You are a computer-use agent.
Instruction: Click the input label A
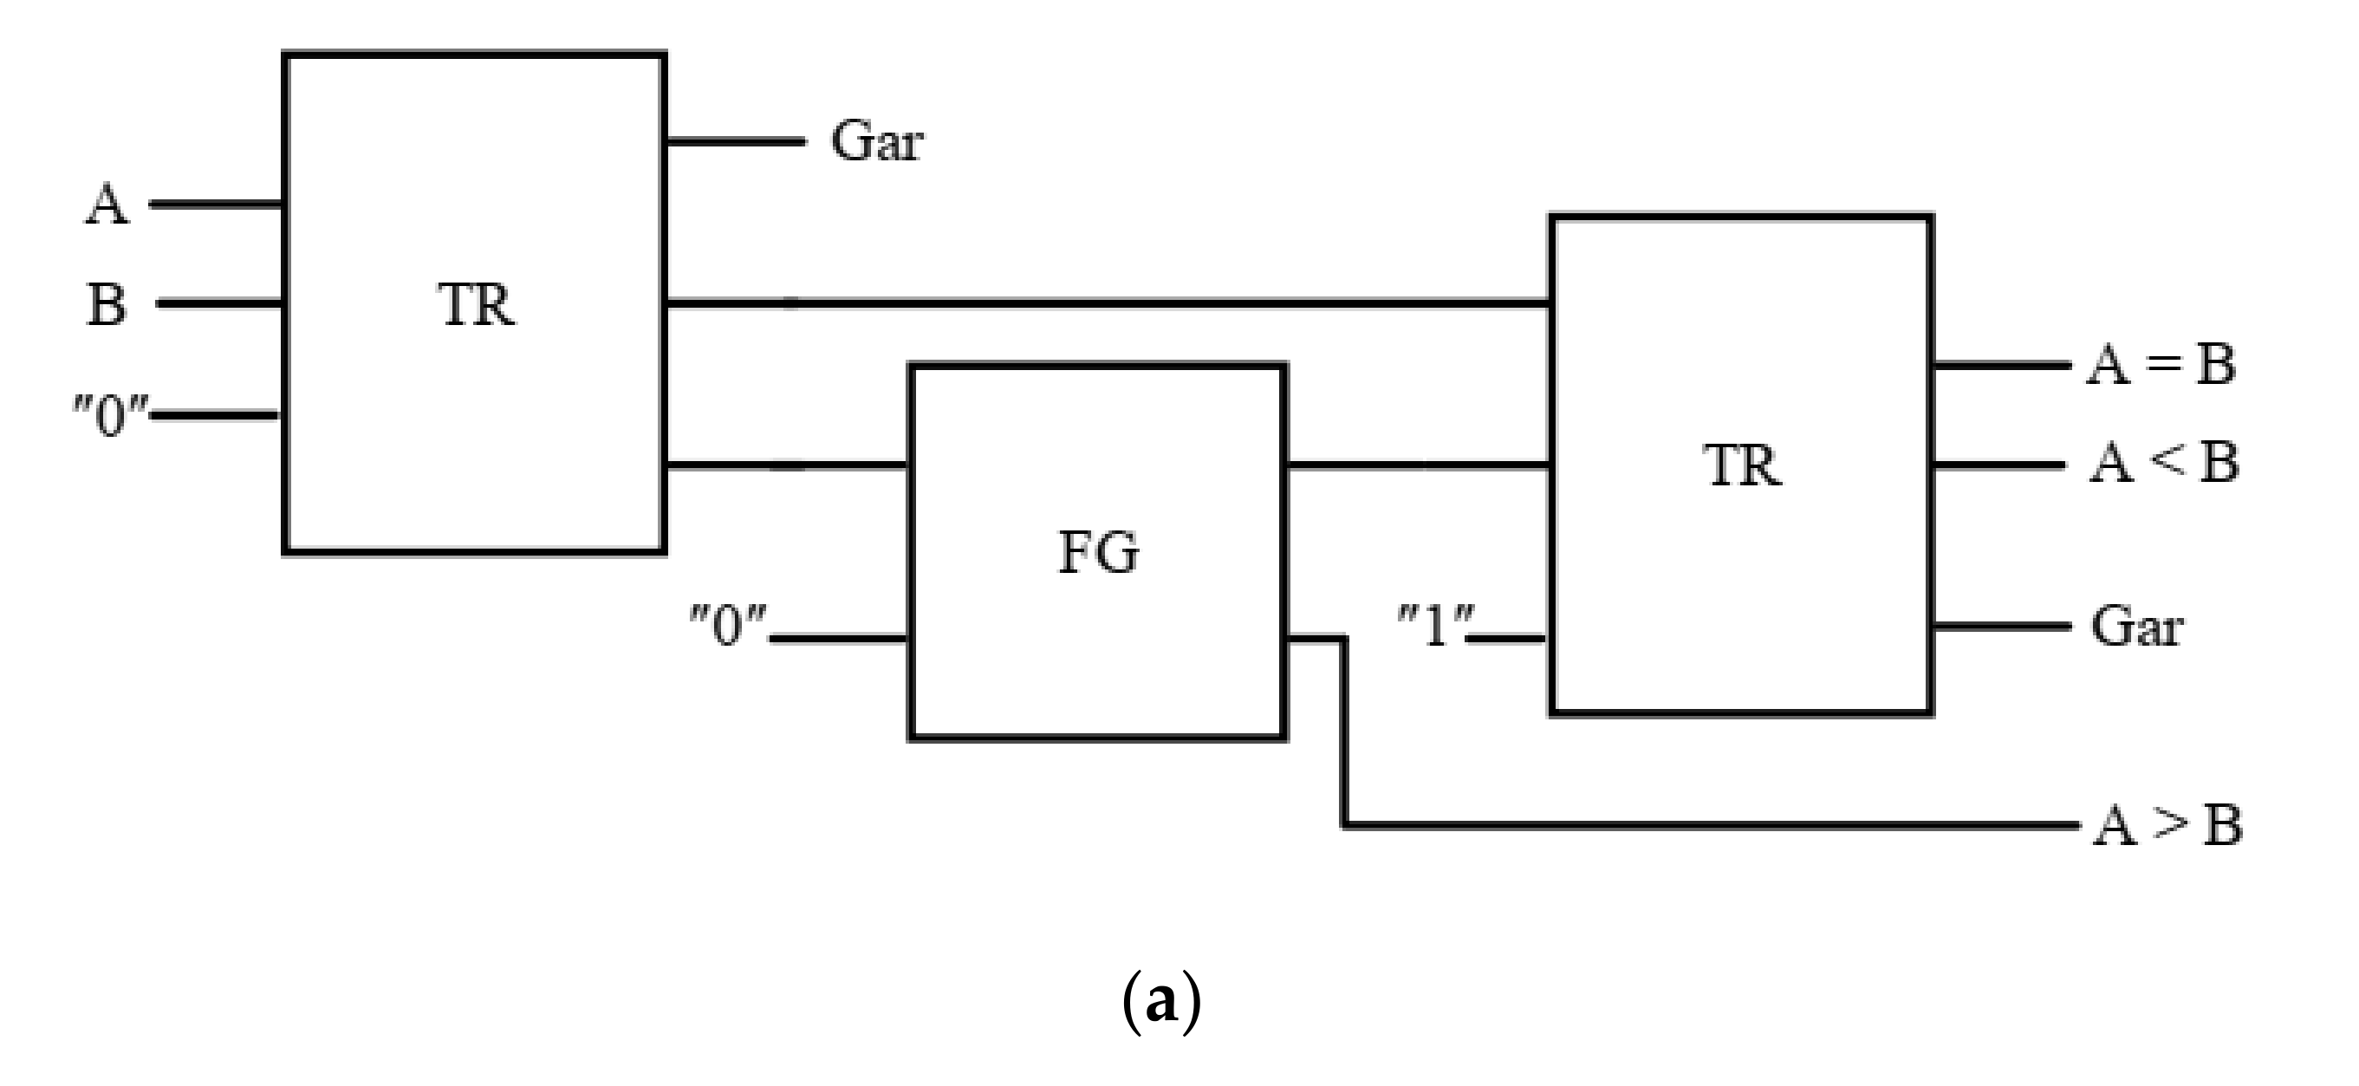point(107,205)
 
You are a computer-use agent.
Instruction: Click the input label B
point(107,304)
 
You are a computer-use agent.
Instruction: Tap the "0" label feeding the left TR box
point(109,417)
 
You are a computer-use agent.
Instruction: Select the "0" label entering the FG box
point(727,627)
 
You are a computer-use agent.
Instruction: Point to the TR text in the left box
point(476,305)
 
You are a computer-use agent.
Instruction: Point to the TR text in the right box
point(1742,465)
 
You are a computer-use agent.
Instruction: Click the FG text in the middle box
point(1098,553)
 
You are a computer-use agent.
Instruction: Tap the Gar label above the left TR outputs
point(876,142)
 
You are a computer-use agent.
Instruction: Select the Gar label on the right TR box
point(2136,628)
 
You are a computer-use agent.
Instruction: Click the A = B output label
point(2161,364)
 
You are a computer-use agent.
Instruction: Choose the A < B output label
point(2163,463)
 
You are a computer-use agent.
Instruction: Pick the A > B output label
point(2167,826)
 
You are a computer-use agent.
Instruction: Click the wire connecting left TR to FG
point(788,467)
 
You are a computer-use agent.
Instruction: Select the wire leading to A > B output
point(1703,826)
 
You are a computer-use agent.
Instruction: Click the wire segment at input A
point(216,205)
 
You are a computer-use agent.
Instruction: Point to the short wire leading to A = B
point(2000,366)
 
